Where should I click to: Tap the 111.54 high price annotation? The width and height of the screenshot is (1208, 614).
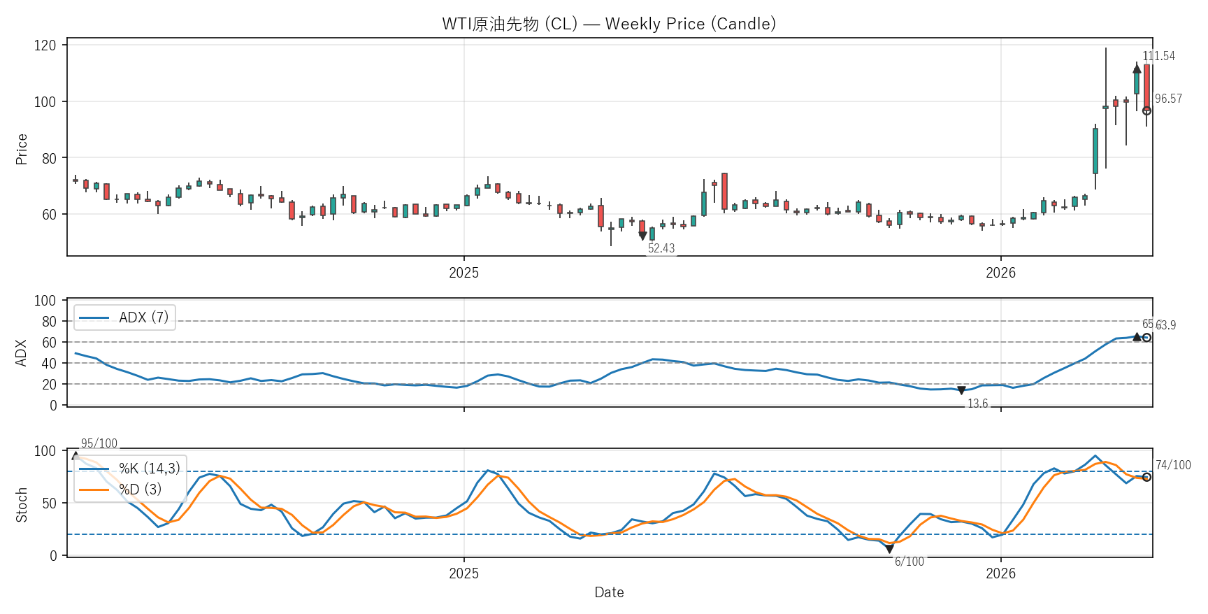(1158, 56)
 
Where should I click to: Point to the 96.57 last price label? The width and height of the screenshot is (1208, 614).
(1168, 99)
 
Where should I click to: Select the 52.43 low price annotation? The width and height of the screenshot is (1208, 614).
(661, 248)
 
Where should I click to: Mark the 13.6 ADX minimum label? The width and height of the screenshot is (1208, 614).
(977, 404)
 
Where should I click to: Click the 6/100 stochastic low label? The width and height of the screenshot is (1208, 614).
(909, 562)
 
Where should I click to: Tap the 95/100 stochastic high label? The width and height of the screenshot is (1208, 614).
(99, 443)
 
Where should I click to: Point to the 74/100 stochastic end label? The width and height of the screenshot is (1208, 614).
(1173, 465)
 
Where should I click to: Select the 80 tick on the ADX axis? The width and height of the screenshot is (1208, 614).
(49, 322)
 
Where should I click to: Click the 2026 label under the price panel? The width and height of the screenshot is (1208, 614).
(1000, 273)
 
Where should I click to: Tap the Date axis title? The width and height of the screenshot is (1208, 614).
(609, 592)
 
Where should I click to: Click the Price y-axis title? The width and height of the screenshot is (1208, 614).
(22, 149)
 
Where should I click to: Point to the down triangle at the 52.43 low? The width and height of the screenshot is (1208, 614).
(642, 236)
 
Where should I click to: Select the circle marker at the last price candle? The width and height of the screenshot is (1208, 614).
(1146, 110)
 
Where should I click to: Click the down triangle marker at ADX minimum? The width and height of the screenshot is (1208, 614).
(961, 390)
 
